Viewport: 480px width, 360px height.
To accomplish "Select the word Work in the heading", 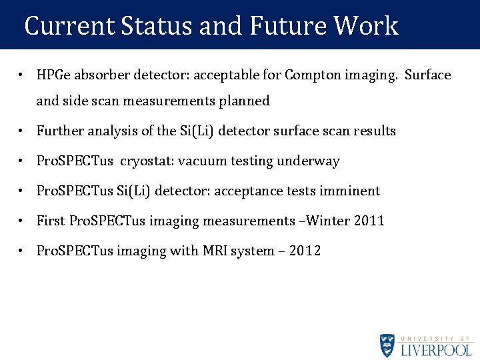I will tap(366, 26).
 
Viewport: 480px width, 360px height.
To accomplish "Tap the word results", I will tap(374, 131).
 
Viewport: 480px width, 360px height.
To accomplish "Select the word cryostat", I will tap(145, 161).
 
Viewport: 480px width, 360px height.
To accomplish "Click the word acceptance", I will tap(245, 191).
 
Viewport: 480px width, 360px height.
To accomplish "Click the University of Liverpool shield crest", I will tap(387, 345).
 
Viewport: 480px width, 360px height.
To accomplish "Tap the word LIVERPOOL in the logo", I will tap(437, 349).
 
